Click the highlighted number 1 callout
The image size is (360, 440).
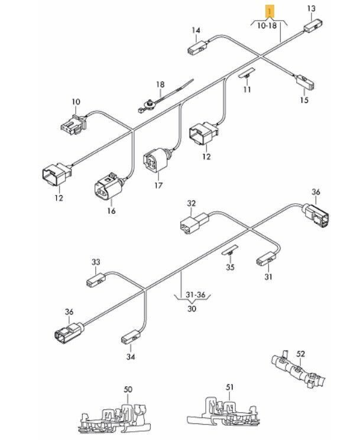pyautogui.click(x=270, y=11)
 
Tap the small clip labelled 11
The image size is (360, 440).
pyautogui.click(x=245, y=74)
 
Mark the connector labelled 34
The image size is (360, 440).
pyautogui.click(x=129, y=338)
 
